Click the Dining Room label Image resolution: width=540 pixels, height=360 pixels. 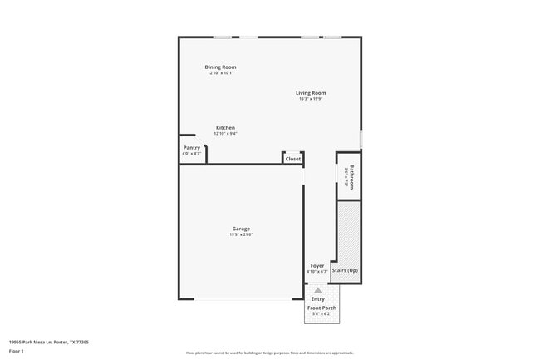point(221,67)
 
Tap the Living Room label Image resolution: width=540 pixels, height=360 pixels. point(311,92)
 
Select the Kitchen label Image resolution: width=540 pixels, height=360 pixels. point(225,127)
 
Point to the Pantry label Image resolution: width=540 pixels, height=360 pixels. point(192,147)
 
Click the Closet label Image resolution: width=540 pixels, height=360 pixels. point(293,159)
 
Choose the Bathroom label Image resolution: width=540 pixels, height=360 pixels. point(352,176)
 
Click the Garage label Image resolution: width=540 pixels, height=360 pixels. point(241,229)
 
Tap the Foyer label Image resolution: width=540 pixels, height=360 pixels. point(317,265)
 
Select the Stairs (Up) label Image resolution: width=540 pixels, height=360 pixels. point(345,270)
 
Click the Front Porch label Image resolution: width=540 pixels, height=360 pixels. point(322,308)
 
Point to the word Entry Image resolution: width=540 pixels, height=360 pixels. point(318,298)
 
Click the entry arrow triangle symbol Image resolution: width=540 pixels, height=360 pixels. point(317,290)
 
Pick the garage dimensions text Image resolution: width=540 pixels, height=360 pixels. point(241,234)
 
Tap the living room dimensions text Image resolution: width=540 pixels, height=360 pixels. point(311,99)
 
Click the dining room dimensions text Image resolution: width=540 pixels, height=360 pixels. point(221,73)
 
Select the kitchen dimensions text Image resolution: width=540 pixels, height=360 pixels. point(225,134)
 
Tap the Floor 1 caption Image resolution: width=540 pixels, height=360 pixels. point(16,352)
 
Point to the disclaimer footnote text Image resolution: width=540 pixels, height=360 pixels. point(270,353)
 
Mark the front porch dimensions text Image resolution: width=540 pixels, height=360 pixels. point(322,314)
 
